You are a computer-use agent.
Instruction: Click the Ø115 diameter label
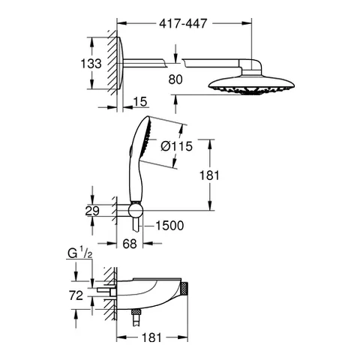pyautogui.click(x=177, y=147)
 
